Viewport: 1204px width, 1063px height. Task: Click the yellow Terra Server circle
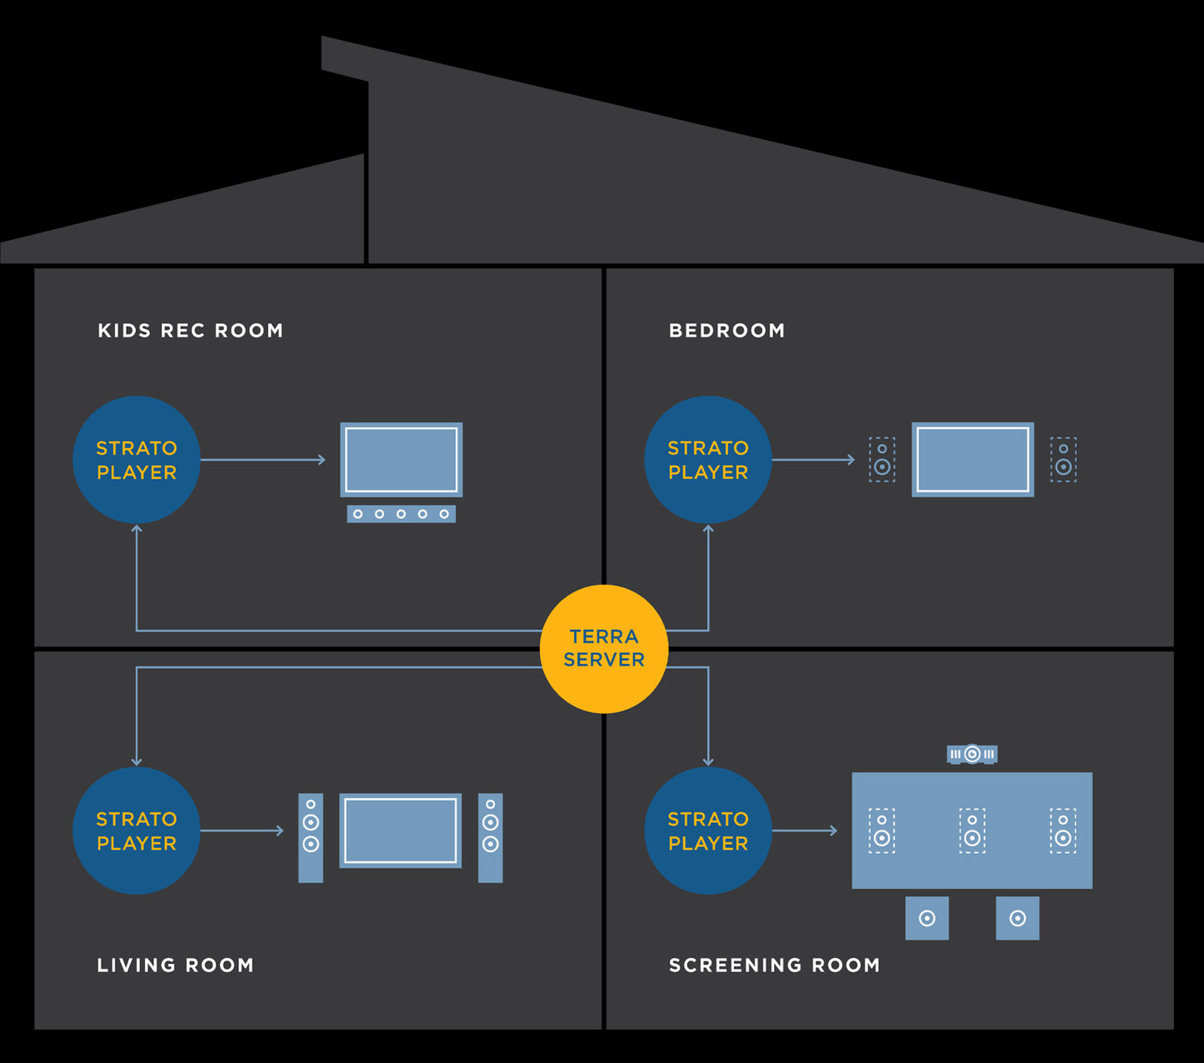point(604,649)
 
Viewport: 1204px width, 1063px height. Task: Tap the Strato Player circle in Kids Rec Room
point(137,460)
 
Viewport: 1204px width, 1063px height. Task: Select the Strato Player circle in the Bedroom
point(708,460)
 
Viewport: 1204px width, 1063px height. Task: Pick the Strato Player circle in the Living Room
point(137,831)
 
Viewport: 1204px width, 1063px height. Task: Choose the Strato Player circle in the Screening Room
point(708,831)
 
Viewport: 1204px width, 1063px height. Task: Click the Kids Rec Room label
point(191,331)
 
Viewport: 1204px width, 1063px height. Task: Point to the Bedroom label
point(727,331)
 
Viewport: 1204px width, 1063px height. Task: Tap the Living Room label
point(175,966)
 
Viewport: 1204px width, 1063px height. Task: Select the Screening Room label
point(774,966)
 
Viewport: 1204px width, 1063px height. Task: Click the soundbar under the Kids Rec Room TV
point(401,514)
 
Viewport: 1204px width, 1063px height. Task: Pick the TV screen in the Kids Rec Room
point(401,460)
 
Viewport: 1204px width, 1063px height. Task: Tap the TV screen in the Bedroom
point(972,460)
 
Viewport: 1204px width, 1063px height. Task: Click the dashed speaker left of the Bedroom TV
point(882,460)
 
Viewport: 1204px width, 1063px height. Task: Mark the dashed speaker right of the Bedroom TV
point(1063,460)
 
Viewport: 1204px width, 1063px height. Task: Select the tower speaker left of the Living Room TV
point(311,837)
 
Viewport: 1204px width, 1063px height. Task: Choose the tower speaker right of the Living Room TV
point(491,837)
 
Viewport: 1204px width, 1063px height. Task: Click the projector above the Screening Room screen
point(972,755)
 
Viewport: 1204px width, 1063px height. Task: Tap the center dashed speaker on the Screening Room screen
point(972,831)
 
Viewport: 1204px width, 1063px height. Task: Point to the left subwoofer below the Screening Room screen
point(927,918)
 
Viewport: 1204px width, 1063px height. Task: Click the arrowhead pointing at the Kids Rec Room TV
point(322,460)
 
